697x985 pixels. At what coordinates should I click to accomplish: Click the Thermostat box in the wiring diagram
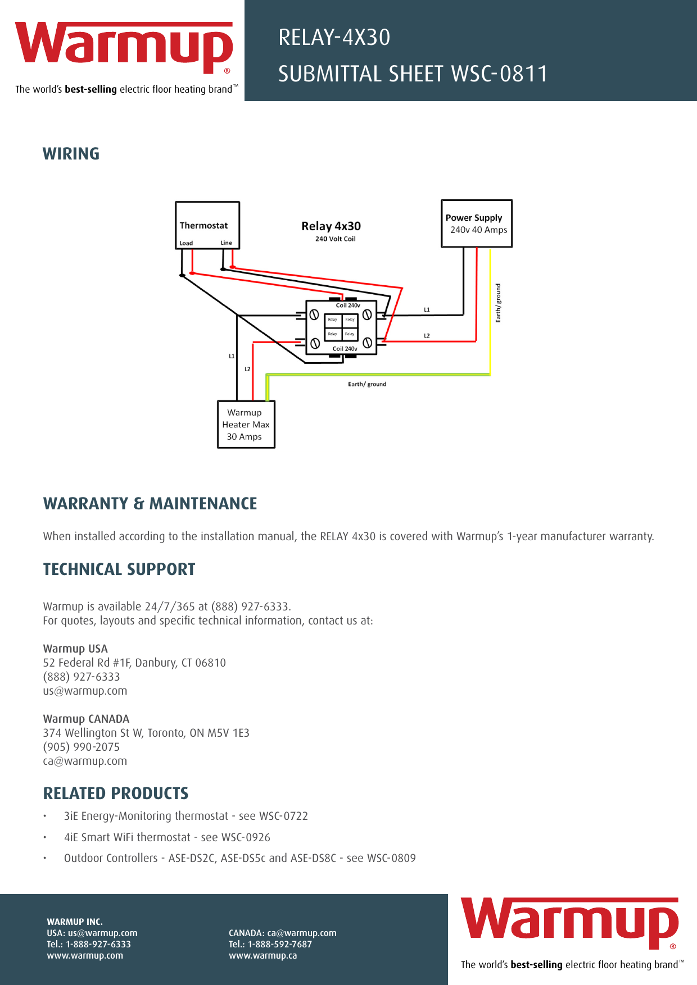click(207, 225)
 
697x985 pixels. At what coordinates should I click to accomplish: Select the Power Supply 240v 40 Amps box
click(477, 224)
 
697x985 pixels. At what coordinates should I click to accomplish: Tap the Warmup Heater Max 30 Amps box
click(246, 425)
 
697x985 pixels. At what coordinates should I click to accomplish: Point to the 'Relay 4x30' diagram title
click(331, 226)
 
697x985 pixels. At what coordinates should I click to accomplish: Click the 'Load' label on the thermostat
click(186, 243)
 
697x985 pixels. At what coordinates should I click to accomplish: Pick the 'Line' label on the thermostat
click(226, 243)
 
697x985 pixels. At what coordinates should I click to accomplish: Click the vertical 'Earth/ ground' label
click(498, 303)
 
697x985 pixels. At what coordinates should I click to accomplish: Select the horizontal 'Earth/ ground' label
click(367, 384)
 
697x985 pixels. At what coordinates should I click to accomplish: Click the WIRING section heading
click(71, 154)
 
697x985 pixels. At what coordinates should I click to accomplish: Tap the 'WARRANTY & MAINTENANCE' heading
click(150, 504)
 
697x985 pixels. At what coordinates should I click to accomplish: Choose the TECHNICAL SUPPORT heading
click(119, 569)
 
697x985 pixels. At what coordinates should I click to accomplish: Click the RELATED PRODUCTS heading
click(116, 794)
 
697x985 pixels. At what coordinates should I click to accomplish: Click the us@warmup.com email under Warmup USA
click(85, 691)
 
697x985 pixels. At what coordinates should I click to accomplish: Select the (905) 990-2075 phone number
click(82, 747)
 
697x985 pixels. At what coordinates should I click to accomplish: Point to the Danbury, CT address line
click(134, 663)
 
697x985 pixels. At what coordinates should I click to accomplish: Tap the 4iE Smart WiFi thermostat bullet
click(167, 837)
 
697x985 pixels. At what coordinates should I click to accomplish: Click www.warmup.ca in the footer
click(262, 955)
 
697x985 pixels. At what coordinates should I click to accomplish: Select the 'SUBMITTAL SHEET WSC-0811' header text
click(413, 74)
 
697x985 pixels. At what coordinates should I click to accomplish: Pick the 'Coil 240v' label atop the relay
click(348, 305)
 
